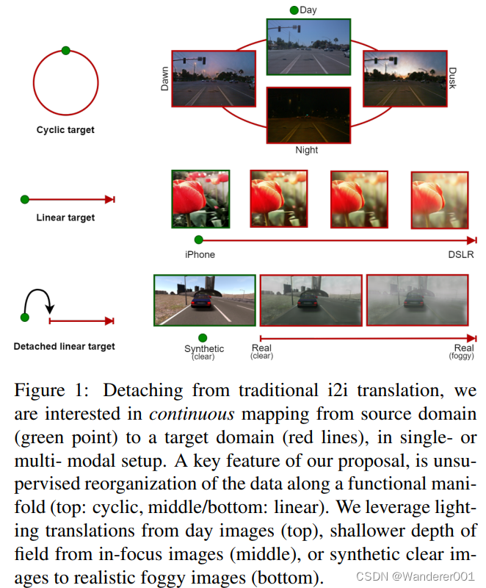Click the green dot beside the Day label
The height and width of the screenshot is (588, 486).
tap(294, 10)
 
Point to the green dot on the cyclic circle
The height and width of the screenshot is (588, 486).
tap(66, 51)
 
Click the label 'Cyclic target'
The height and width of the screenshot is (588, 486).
tap(65, 130)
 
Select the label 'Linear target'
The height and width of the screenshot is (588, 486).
tap(65, 218)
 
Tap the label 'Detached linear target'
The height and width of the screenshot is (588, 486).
tap(65, 345)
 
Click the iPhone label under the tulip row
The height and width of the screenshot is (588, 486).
tap(200, 254)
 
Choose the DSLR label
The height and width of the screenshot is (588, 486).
tap(461, 254)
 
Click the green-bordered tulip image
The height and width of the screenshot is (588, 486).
tap(200, 198)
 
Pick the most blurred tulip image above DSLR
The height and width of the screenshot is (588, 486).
tap(439, 200)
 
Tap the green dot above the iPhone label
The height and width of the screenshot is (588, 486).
tap(198, 240)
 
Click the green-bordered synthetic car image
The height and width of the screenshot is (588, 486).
tap(205, 299)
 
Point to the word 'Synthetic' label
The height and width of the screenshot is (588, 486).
tap(204, 348)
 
